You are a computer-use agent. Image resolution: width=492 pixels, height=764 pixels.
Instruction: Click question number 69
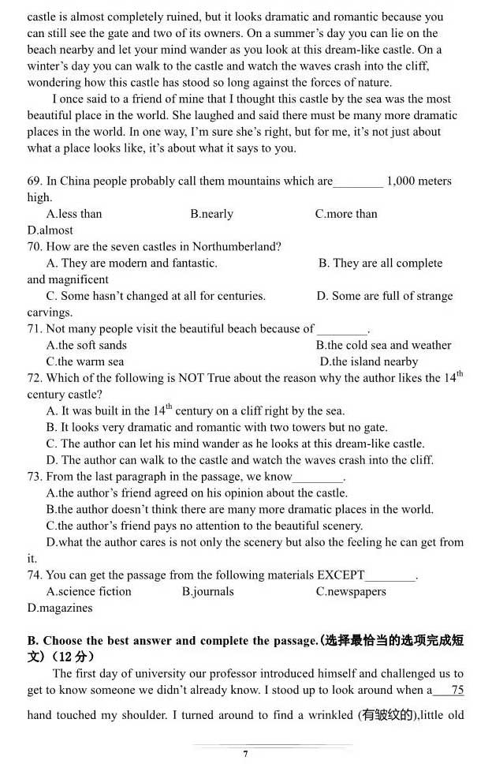point(34,182)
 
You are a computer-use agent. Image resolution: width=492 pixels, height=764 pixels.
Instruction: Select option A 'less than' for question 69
point(74,214)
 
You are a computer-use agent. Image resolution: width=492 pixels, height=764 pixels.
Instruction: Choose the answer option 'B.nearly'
point(211,214)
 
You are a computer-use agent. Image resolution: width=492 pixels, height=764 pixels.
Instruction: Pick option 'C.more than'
point(346,214)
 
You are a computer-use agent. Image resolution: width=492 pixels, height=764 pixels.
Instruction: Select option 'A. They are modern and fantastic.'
point(132,264)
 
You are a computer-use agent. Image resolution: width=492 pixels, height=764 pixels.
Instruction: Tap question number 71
point(34,329)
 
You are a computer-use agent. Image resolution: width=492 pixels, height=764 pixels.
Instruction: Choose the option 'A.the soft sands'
point(86,346)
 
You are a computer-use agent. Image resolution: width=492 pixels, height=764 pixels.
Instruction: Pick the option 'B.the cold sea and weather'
point(383,346)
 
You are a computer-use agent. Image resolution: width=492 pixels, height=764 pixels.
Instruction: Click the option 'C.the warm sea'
point(85,362)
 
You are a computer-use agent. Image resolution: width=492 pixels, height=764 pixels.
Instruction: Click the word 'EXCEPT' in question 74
point(341,575)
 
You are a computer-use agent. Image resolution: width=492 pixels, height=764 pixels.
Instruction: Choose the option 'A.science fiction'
point(88,592)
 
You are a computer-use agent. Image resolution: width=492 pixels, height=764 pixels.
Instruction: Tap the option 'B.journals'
point(207,592)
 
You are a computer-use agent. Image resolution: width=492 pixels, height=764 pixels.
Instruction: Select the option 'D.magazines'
point(60,609)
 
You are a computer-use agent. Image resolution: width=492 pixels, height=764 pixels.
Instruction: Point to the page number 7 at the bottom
point(245,754)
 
